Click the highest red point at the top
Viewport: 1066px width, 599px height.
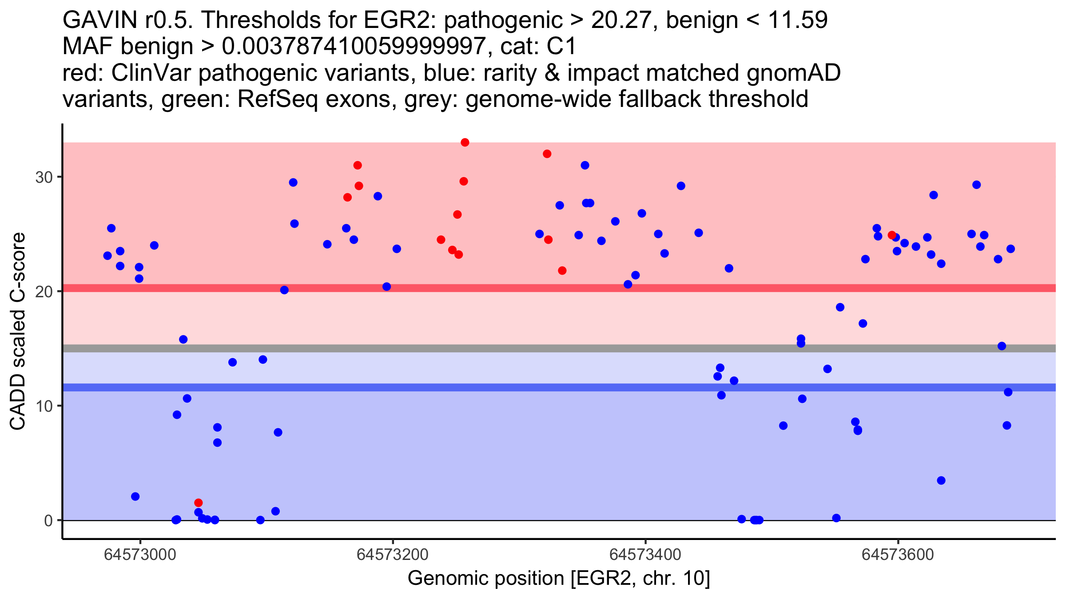pos(465,142)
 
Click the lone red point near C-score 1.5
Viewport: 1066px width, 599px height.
pos(199,503)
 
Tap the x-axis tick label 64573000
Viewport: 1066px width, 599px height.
pos(140,555)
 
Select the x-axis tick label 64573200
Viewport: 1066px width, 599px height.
pos(393,555)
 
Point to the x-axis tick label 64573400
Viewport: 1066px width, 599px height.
pos(645,555)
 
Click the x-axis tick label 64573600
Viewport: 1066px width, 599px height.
pos(898,555)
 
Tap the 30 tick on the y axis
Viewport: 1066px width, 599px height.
pos(44,177)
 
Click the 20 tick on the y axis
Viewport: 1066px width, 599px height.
pos(44,292)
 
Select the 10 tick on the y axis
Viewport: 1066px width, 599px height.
pos(44,406)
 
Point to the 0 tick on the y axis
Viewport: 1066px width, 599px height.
pos(48,520)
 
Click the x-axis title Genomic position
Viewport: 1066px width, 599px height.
pos(559,578)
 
